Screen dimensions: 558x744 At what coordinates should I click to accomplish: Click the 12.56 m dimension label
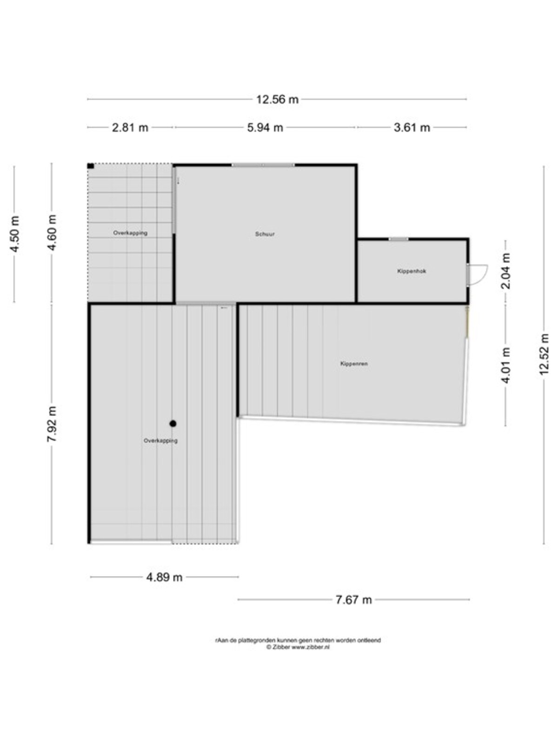[x=277, y=100]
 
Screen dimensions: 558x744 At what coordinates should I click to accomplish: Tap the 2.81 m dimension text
[x=130, y=127]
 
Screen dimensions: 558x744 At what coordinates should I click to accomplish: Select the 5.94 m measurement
[x=265, y=127]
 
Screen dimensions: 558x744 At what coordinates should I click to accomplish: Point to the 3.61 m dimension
[x=412, y=127]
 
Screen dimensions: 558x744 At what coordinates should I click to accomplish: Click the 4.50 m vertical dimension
[x=14, y=234]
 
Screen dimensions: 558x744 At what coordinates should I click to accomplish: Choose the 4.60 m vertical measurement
[x=52, y=232]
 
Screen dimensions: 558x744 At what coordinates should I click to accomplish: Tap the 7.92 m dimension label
[x=52, y=424]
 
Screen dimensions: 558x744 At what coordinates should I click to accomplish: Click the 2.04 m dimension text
[x=505, y=271]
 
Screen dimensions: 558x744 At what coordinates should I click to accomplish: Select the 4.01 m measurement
[x=505, y=365]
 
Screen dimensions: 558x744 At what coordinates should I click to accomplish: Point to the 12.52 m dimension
[x=544, y=354]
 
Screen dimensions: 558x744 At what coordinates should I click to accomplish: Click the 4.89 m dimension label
[x=164, y=577]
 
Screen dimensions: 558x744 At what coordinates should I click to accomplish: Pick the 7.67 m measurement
[x=353, y=599]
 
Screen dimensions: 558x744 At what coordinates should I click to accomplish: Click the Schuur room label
[x=265, y=234]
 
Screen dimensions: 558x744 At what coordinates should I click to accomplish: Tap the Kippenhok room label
[x=412, y=271]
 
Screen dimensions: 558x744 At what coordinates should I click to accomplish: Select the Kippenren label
[x=354, y=364]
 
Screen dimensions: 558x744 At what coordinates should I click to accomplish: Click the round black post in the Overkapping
[x=173, y=423]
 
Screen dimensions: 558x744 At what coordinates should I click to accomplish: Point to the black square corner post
[x=91, y=166]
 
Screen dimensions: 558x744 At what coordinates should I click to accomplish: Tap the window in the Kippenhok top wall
[x=399, y=239]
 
